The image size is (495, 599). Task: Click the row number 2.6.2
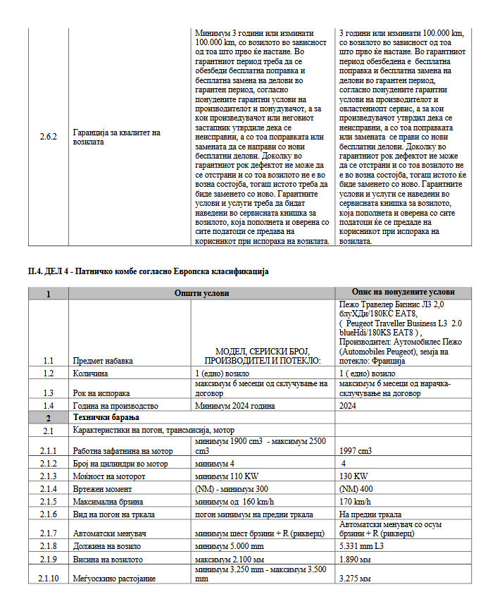click(x=48, y=137)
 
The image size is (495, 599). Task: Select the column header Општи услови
click(x=202, y=292)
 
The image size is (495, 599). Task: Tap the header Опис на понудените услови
click(x=404, y=292)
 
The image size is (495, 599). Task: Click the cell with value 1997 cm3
click(x=356, y=451)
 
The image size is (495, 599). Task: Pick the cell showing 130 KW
click(x=353, y=476)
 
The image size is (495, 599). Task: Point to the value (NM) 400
click(x=357, y=488)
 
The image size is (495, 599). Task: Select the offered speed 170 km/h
click(x=355, y=501)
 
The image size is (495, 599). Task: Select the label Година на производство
click(x=115, y=406)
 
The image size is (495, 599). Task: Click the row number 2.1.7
click(x=48, y=533)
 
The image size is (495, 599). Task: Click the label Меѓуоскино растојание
click(x=114, y=578)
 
